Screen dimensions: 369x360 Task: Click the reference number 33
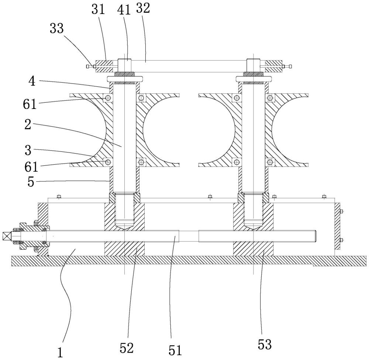tap(57, 28)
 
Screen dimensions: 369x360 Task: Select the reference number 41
tap(124, 10)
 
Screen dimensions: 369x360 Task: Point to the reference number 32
tap(143, 8)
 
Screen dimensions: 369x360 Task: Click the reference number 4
tap(32, 81)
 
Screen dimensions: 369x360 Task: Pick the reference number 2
tap(28, 124)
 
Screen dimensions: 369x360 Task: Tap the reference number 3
tap(28, 150)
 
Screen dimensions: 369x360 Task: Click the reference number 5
tap(31, 182)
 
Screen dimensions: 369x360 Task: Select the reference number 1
tap(61, 353)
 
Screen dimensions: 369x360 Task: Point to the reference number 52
tap(127, 348)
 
